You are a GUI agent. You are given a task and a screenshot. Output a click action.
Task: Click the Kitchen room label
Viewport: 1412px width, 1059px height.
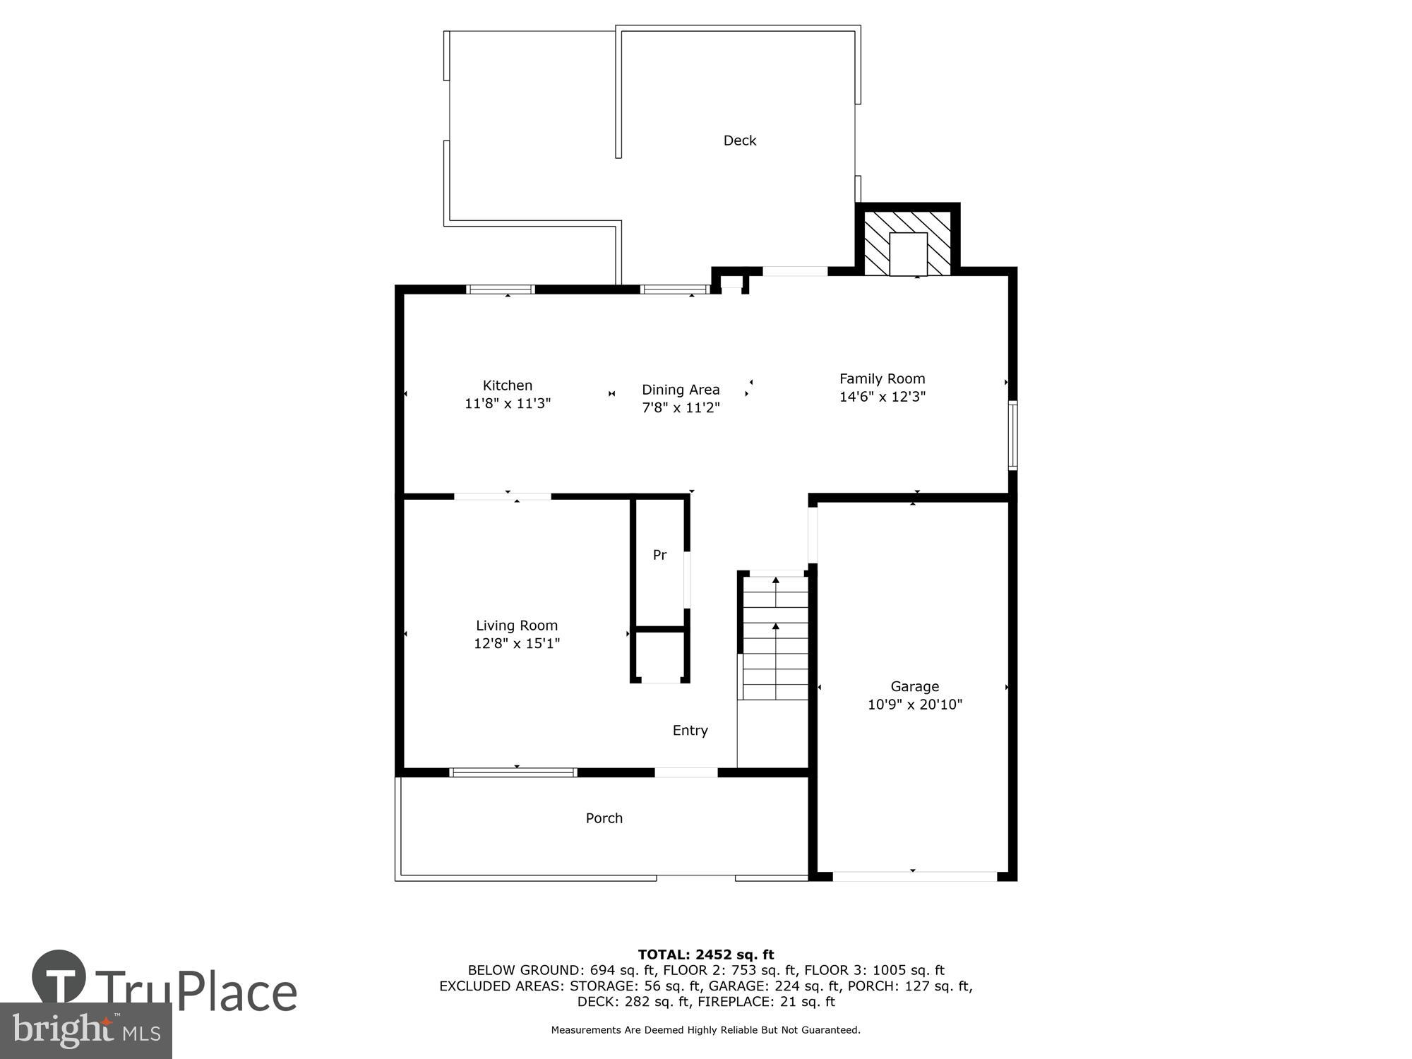point(507,385)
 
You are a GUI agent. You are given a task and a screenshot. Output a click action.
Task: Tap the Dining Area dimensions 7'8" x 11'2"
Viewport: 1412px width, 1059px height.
point(681,407)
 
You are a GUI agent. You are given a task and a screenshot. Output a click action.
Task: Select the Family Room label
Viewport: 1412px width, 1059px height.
point(882,379)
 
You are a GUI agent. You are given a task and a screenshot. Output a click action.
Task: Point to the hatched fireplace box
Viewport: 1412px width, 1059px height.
point(908,242)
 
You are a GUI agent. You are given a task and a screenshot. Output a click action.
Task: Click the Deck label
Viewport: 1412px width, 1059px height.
point(739,140)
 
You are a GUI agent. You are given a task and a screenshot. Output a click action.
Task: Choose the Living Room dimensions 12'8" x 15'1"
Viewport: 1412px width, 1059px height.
point(517,643)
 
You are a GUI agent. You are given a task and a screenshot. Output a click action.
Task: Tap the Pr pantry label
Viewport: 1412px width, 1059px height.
point(659,555)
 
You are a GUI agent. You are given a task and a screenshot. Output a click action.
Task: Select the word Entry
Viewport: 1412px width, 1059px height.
point(690,731)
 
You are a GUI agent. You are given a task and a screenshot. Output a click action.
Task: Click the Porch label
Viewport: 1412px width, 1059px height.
point(604,818)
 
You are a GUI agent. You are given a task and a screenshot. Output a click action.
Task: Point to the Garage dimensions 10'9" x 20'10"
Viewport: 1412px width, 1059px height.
point(914,705)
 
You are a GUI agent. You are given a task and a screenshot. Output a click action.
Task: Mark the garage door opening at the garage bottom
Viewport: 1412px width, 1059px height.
point(914,876)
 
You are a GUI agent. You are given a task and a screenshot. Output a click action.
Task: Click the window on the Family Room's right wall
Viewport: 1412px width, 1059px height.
point(1012,435)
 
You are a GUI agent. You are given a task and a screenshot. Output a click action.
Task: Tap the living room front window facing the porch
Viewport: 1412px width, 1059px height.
point(513,772)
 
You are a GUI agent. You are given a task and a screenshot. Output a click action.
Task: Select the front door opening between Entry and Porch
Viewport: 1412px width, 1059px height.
point(686,772)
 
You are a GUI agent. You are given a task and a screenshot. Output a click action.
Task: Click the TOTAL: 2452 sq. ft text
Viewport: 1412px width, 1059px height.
point(705,955)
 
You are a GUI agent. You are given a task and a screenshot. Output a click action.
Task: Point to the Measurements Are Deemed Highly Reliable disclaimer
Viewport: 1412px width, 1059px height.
point(705,1030)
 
